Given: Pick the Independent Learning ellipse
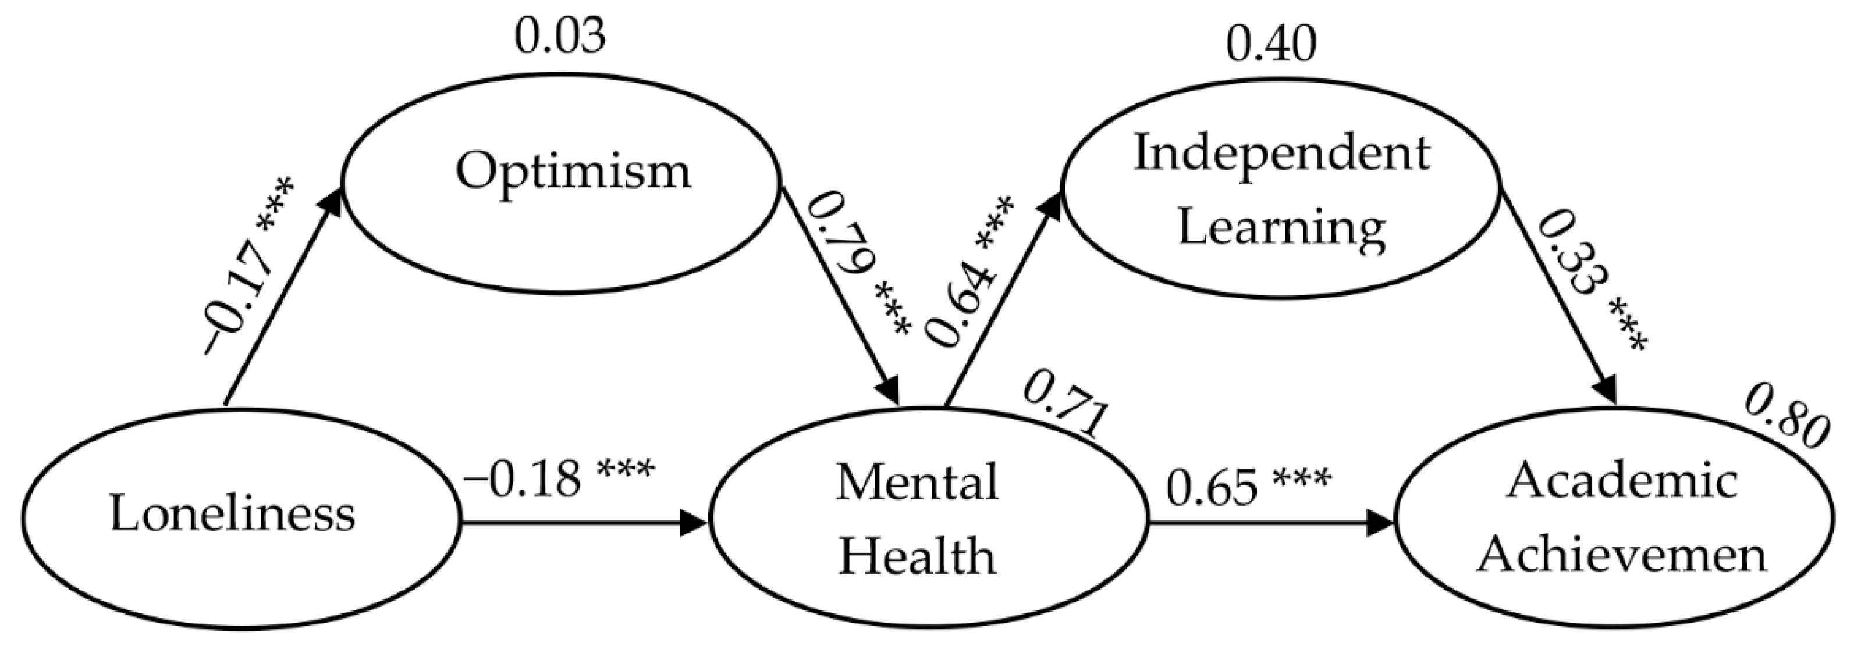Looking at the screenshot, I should (1281, 191).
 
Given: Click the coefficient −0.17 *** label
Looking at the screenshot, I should (248, 266).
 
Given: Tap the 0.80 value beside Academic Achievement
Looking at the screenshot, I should (1785, 431).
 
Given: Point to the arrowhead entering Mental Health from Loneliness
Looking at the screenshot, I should (695, 523).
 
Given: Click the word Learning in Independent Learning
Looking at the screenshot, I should (1281, 228).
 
